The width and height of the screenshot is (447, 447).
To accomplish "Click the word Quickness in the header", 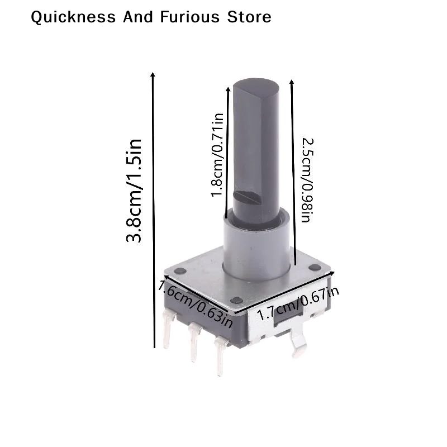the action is (73, 17).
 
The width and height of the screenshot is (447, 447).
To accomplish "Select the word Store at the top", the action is (249, 17).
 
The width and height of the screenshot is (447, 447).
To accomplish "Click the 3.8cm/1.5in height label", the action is (134, 191).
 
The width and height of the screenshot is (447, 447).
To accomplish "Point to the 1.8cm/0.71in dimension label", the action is (217, 155).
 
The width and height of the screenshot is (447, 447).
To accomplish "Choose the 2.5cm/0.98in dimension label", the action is (307, 180).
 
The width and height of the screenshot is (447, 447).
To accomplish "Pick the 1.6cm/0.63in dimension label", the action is (196, 303).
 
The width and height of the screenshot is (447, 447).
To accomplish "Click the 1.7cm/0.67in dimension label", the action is (298, 303).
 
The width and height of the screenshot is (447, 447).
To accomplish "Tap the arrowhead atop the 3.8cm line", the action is (153, 75).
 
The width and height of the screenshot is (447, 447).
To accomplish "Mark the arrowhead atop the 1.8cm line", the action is (228, 89).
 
